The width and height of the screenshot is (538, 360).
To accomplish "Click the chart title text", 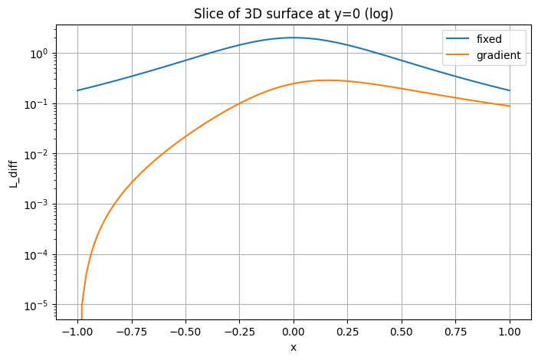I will (294, 13).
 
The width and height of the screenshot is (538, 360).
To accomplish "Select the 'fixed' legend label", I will (489, 38).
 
